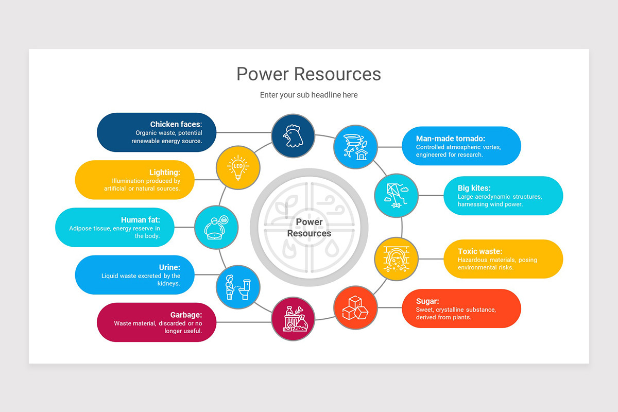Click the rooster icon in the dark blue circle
click(293, 136)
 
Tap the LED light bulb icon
click(237, 167)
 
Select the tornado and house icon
click(356, 146)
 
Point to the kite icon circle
click(396, 196)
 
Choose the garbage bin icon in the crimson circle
click(293, 319)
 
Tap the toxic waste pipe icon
click(396, 259)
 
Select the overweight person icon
click(216, 227)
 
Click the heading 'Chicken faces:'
click(176, 124)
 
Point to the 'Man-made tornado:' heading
click(451, 139)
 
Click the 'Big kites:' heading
click(474, 188)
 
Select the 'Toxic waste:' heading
click(480, 251)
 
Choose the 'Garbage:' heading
click(186, 315)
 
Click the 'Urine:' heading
click(169, 267)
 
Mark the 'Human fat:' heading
click(141, 220)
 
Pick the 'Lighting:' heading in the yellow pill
click(164, 173)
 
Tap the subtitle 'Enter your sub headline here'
click(308, 95)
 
